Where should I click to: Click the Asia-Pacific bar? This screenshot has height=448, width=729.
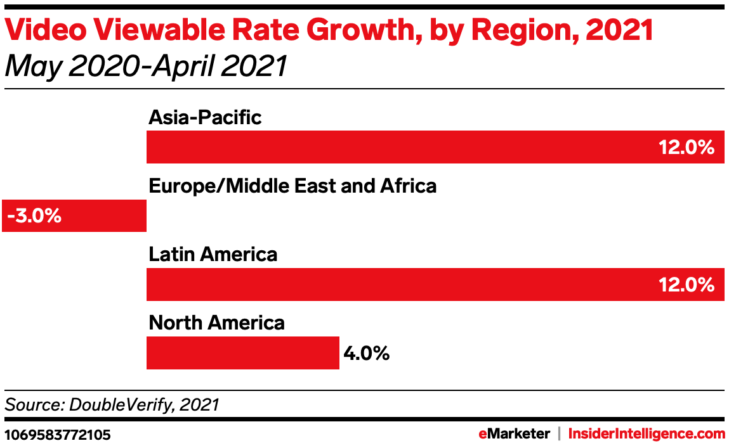coord(435,147)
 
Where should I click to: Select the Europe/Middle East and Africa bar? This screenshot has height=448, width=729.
coord(75,215)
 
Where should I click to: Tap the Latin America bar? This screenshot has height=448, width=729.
coord(435,284)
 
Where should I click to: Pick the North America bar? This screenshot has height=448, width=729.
coord(242,352)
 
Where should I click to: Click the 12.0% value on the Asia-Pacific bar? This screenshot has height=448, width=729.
coord(686,148)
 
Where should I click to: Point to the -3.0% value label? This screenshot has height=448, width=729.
coord(34,216)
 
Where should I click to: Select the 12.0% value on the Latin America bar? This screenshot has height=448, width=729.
coord(686,285)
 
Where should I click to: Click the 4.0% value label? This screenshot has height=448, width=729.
coord(366,353)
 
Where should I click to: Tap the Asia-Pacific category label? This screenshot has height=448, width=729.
coord(205,117)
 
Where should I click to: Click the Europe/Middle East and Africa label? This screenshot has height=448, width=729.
coord(292,186)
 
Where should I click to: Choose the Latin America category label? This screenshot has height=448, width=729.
coord(213,254)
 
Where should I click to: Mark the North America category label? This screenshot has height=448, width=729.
coord(217,323)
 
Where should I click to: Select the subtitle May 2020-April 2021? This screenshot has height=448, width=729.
coord(145,66)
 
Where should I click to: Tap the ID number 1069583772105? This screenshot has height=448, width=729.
coord(58,435)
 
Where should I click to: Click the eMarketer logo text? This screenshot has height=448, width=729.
coord(514,434)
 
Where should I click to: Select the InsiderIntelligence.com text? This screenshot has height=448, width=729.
coord(647,434)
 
